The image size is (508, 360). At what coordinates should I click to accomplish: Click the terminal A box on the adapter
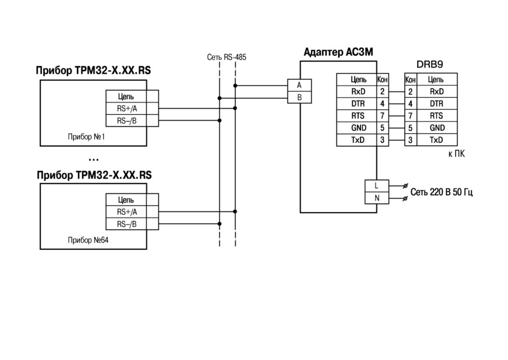click(299, 85)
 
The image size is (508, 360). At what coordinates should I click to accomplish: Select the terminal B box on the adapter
click(299, 97)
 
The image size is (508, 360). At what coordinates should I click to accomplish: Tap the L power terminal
click(377, 186)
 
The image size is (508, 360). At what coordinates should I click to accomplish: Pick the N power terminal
click(377, 198)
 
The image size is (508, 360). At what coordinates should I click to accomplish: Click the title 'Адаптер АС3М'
click(338, 52)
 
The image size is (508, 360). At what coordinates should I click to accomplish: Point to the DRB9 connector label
click(429, 65)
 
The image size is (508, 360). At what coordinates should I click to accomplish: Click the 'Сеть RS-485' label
click(227, 57)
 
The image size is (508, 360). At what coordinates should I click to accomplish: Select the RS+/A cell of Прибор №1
click(126, 108)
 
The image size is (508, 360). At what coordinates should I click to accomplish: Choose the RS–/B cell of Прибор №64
click(126, 224)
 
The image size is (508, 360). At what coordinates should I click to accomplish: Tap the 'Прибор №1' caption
click(86, 137)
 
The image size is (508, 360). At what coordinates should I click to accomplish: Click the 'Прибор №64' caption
click(88, 240)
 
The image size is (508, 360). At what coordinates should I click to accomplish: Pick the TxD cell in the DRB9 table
click(437, 140)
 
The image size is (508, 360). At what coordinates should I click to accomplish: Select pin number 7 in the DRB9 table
click(411, 116)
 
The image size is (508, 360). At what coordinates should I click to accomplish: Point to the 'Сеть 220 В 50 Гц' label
click(442, 192)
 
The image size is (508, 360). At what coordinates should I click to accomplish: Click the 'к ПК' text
click(457, 154)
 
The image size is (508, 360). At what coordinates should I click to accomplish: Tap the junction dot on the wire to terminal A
click(235, 86)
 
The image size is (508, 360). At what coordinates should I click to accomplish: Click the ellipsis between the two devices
click(93, 160)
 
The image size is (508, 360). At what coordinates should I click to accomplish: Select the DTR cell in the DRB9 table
click(437, 104)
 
